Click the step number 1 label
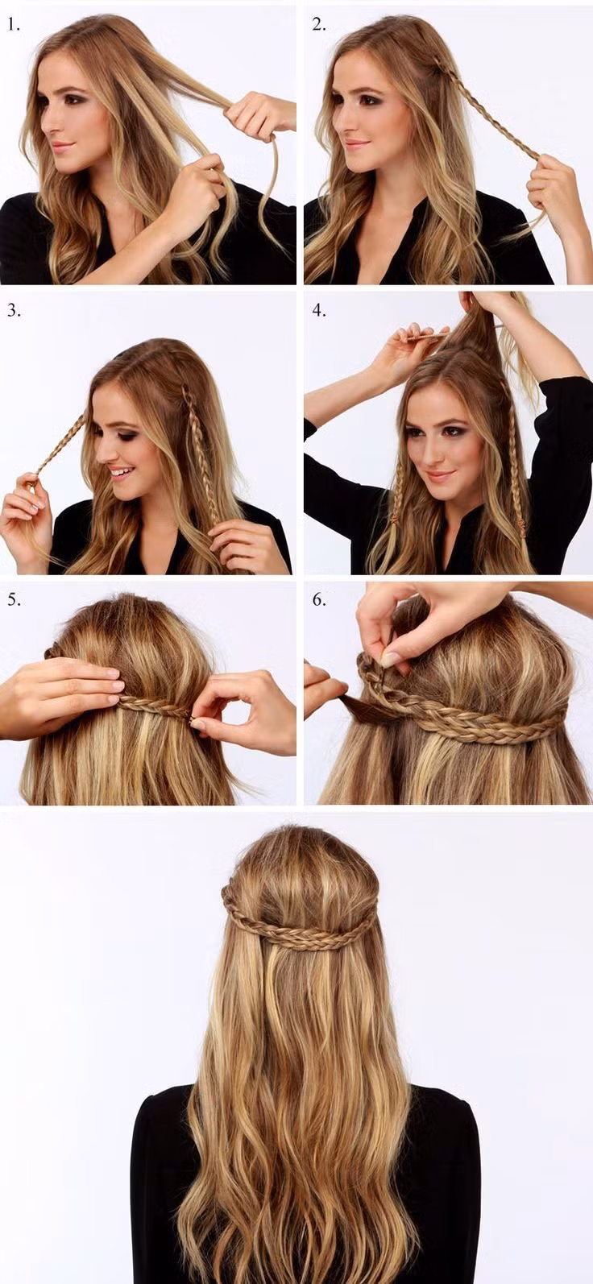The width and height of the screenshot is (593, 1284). tap(14, 25)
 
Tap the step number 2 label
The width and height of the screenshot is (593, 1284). tap(319, 25)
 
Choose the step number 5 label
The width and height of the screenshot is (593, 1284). tap(14, 600)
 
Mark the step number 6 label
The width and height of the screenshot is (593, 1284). tap(319, 600)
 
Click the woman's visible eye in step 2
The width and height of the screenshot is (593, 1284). tap(368, 101)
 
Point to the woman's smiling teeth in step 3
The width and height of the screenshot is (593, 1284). tap(121, 473)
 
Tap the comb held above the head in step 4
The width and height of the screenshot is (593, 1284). tap(427, 337)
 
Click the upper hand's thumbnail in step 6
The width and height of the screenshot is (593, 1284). tap(391, 660)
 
